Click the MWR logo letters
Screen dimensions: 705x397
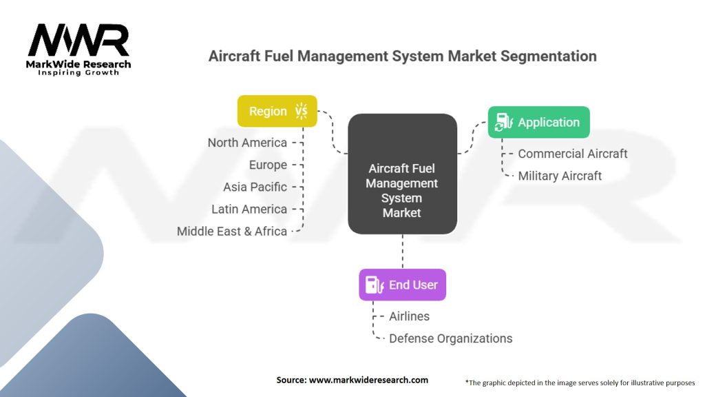point(78,40)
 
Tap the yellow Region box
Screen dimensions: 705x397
point(277,111)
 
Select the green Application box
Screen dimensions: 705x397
point(538,122)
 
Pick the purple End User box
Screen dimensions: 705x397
point(402,285)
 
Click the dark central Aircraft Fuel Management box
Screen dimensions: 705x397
point(402,174)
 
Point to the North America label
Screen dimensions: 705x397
point(247,143)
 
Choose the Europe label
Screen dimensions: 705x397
point(268,165)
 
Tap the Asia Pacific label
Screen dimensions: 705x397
point(255,187)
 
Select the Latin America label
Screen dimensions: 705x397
point(249,209)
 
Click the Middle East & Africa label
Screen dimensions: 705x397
point(231,231)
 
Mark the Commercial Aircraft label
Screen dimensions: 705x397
point(572,154)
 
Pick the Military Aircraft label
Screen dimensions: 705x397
point(560,176)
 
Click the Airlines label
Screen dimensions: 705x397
point(409,316)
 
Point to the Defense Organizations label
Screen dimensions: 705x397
point(450,338)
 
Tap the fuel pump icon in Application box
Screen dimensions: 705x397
point(503,122)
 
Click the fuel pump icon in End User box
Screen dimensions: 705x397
point(375,285)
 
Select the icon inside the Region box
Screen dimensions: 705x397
point(302,111)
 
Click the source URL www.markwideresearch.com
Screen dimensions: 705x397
point(368,380)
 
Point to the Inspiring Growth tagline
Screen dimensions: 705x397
point(78,72)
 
